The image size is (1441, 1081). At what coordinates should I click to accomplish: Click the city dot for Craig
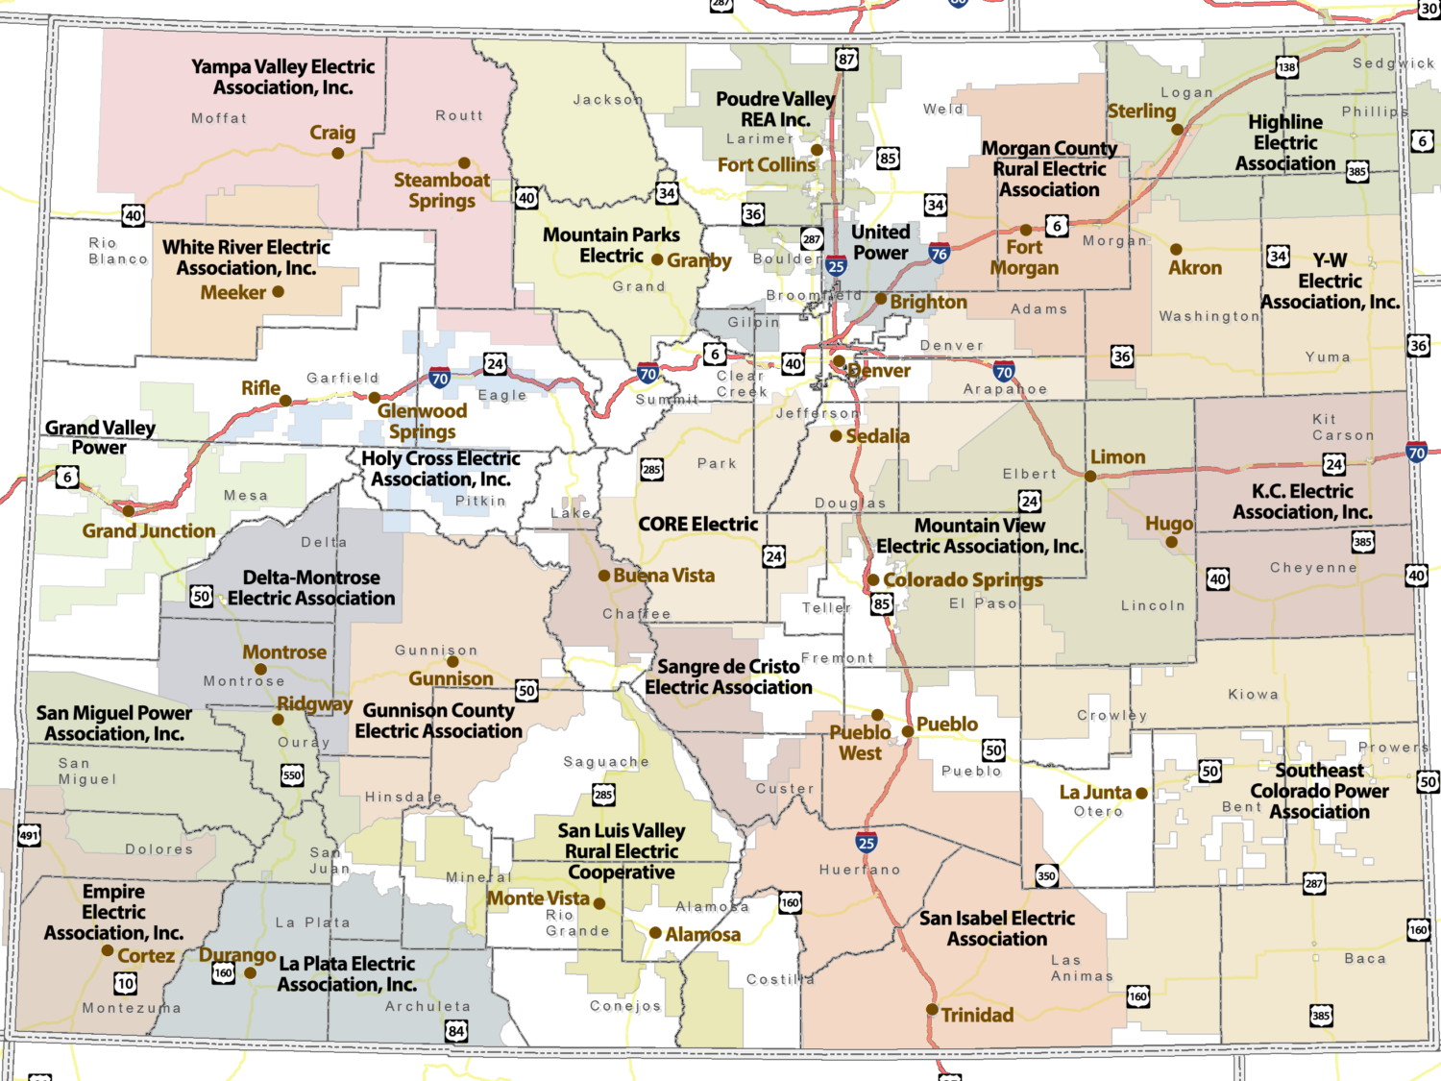point(337,153)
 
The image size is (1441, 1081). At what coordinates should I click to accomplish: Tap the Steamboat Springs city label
point(441,190)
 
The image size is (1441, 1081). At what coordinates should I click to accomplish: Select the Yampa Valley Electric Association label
point(282,77)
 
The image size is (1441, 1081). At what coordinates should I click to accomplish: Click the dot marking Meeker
point(278,291)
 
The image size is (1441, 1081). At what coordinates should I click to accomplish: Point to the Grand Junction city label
point(149,530)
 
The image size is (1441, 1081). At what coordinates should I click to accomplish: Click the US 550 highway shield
point(292,774)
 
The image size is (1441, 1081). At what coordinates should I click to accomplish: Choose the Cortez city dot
point(108,950)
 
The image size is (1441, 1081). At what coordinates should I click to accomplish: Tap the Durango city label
point(237,954)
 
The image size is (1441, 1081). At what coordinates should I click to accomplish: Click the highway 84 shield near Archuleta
point(456,1031)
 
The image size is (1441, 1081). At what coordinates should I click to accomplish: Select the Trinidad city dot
point(931,1009)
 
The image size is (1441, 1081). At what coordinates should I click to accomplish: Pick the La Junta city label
point(1095,793)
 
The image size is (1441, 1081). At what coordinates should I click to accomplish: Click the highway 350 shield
point(1046,875)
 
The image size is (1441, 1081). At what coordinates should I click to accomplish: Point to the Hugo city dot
point(1171,542)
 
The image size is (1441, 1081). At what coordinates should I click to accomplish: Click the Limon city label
point(1117,457)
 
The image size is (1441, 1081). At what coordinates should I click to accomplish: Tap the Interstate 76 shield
point(939,254)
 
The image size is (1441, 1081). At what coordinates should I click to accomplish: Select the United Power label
point(880,242)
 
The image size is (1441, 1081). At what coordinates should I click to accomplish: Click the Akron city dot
point(1176,249)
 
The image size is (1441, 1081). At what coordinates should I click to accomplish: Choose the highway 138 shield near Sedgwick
point(1286,66)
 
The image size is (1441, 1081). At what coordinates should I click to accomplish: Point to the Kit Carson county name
point(1342,427)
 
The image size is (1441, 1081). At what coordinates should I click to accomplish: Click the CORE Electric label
point(698,524)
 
